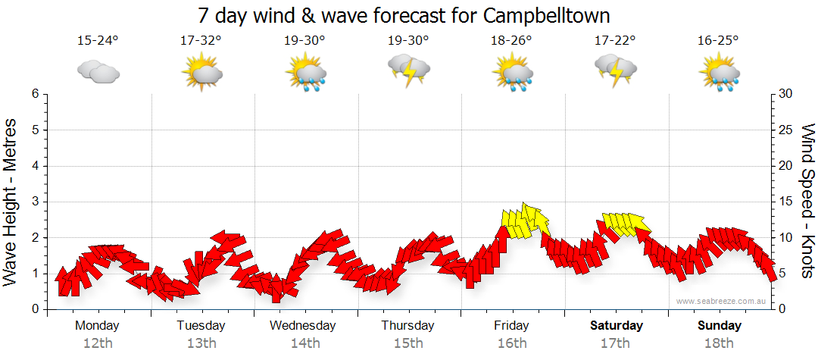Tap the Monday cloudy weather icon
point(98,72)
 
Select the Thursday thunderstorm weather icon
point(409,70)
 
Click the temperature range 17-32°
point(201,41)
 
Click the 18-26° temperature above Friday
point(512,41)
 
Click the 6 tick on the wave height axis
point(35,94)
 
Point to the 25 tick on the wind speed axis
point(786,130)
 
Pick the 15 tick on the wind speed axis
point(786,202)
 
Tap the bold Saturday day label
point(616,326)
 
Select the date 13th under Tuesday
point(201,343)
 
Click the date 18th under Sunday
point(720,343)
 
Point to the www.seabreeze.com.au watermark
point(721,301)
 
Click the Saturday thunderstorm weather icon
point(616,70)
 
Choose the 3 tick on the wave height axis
point(35,202)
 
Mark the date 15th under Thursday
point(408,343)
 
